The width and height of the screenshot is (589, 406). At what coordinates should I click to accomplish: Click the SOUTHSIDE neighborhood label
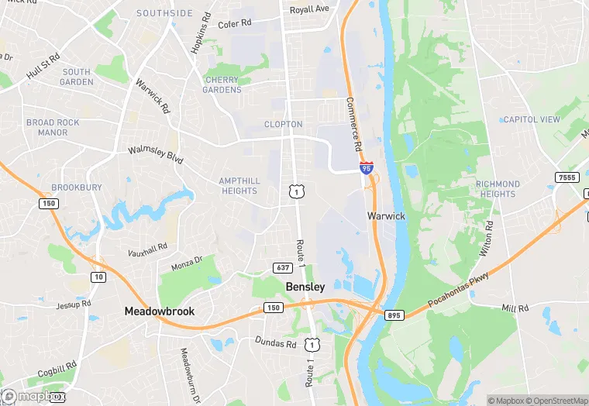(x=164, y=13)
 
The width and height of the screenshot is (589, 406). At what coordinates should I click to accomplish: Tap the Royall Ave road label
(x=309, y=9)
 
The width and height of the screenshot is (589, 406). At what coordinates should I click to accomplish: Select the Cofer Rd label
(x=235, y=24)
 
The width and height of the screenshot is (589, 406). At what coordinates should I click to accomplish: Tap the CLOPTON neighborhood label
(x=283, y=124)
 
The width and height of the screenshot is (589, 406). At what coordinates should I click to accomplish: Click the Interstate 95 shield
(x=366, y=167)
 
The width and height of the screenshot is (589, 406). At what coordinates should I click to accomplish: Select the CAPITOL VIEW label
(x=531, y=119)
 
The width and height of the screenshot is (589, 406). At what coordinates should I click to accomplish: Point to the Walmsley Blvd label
(x=155, y=154)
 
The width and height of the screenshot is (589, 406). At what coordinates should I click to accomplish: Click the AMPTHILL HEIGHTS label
(x=239, y=185)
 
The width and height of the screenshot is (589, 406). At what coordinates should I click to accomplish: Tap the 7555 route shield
(x=567, y=178)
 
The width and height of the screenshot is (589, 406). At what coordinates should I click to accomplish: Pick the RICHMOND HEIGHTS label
(x=498, y=189)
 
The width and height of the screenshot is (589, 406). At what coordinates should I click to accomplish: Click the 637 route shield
(x=282, y=268)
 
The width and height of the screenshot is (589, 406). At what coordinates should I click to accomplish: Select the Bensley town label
(x=305, y=287)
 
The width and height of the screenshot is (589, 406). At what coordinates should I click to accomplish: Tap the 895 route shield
(x=394, y=315)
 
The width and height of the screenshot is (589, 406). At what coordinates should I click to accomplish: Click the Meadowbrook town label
(x=160, y=311)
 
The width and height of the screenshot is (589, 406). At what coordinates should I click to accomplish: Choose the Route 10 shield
(x=98, y=277)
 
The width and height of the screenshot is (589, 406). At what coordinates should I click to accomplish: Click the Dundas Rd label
(x=276, y=342)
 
